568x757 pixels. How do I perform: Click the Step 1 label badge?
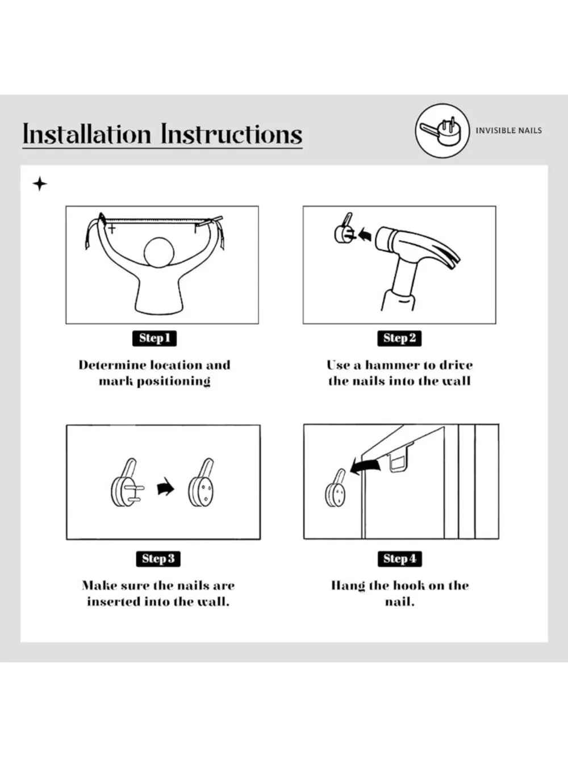154,338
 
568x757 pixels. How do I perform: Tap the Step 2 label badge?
399,338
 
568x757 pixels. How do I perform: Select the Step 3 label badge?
158,559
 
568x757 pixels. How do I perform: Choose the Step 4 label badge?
400,559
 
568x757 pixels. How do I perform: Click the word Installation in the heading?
87,134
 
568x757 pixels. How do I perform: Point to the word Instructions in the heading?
232,134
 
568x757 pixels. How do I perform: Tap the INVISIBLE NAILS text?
509,131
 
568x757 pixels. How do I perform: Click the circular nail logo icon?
442,131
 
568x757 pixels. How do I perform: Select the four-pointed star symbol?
40,184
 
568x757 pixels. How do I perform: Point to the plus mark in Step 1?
112,228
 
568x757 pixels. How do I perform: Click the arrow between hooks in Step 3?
165,487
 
